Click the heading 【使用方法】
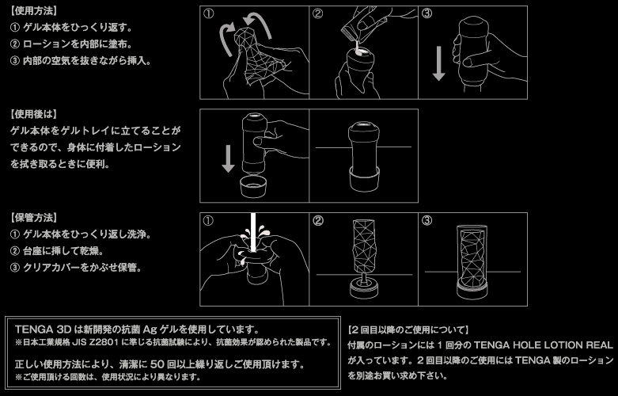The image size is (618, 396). pyautogui.click(x=34, y=10)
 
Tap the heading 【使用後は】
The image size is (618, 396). pyautogui.click(x=34, y=114)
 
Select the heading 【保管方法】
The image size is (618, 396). pyautogui.click(x=34, y=217)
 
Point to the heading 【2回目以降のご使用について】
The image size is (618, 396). pyautogui.click(x=408, y=329)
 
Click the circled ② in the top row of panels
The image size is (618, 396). pyautogui.click(x=317, y=13)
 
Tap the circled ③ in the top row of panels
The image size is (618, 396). pyautogui.click(x=427, y=13)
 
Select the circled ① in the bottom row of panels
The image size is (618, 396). pyautogui.click(x=208, y=220)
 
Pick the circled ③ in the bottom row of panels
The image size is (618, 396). pyautogui.click(x=427, y=220)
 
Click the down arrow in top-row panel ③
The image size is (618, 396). pyautogui.click(x=438, y=63)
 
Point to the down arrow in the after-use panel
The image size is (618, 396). pyautogui.click(x=228, y=158)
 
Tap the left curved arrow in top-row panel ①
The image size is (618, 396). pyautogui.click(x=226, y=40)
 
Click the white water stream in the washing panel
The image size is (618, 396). pyautogui.click(x=253, y=233)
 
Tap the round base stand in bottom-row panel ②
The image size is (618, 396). pyautogui.click(x=364, y=289)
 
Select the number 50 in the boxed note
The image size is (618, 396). pyautogui.click(x=157, y=364)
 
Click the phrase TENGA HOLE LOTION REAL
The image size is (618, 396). pyautogui.click(x=543, y=345)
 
